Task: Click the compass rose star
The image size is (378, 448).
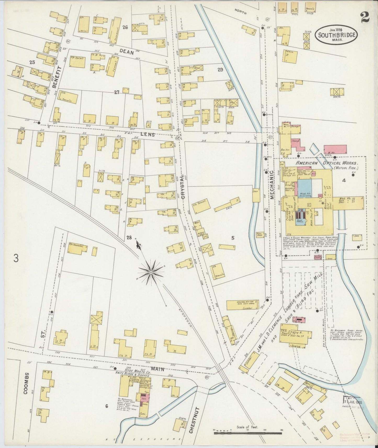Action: pos(151,273)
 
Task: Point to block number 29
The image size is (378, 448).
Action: pos(220,70)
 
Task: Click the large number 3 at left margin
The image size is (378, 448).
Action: pos(16,259)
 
